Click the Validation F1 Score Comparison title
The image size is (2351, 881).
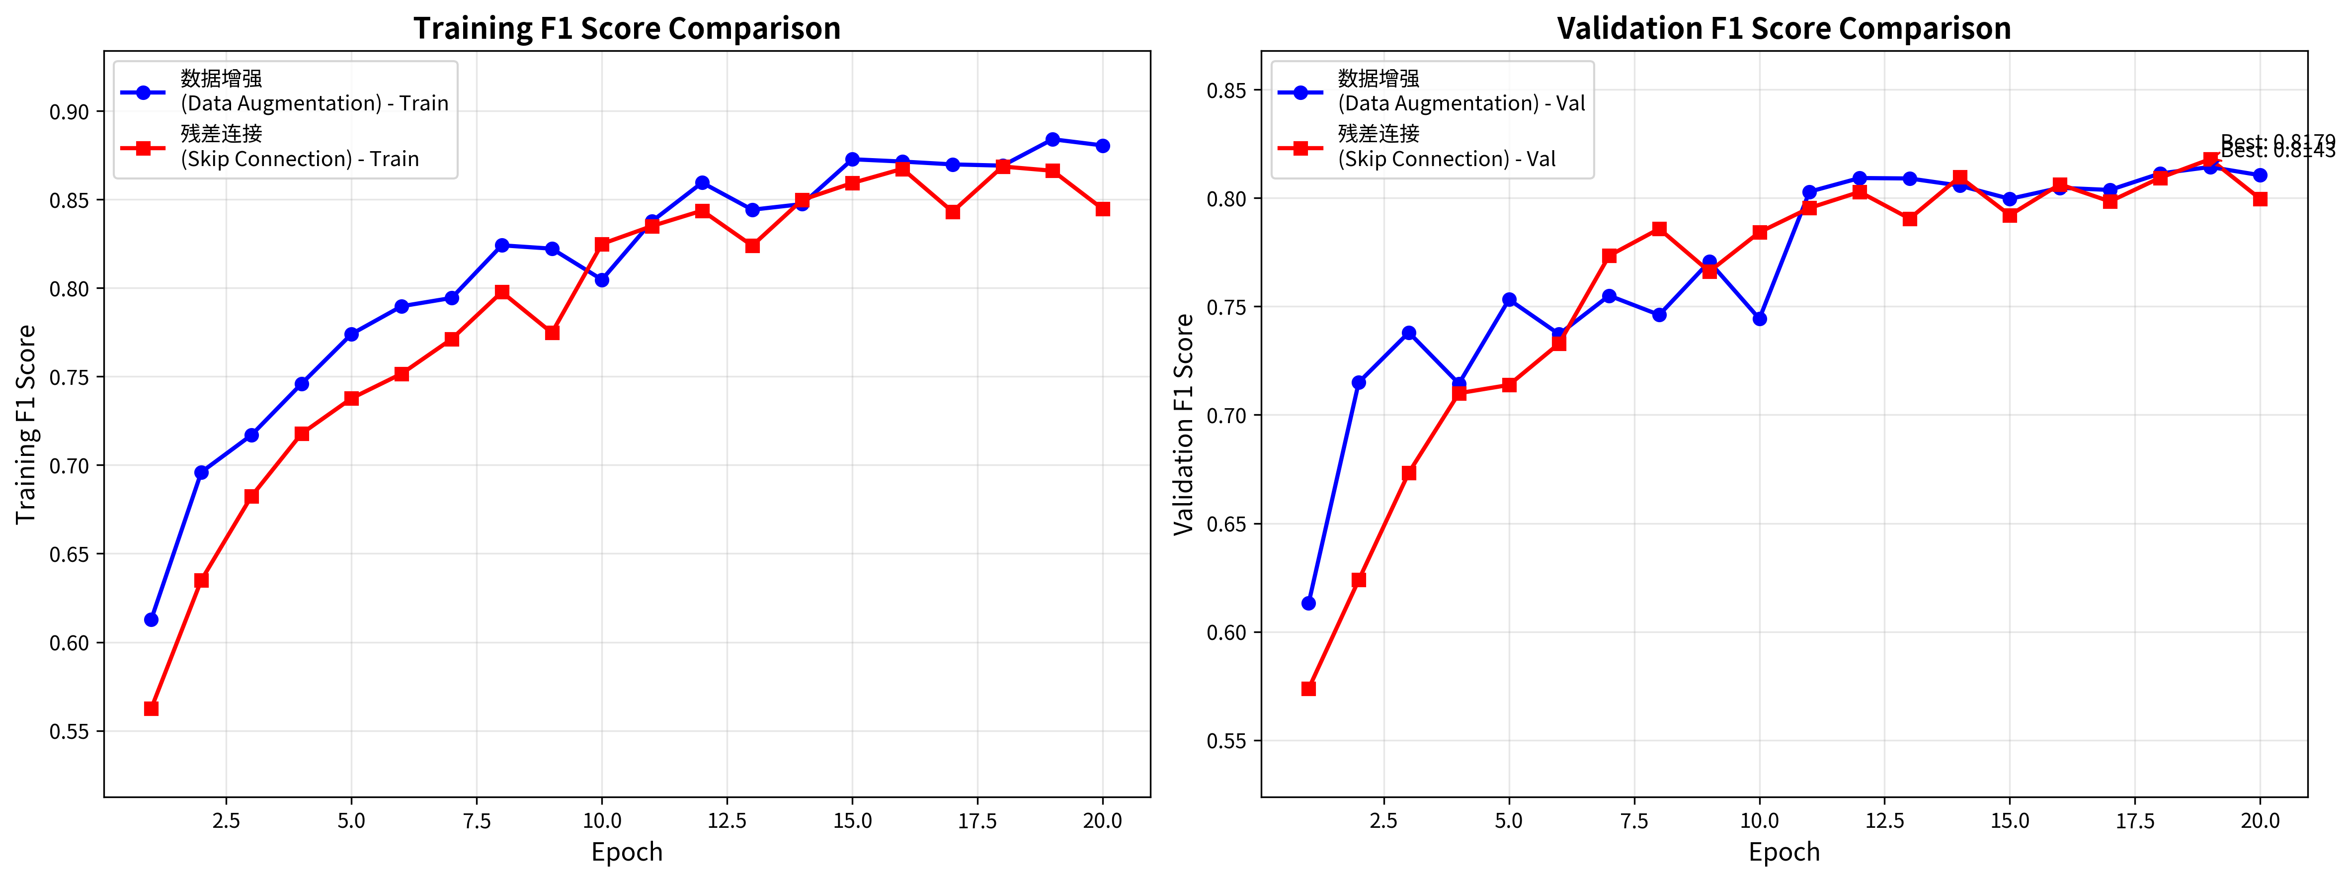pos(1784,28)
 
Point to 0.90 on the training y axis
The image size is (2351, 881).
pos(70,112)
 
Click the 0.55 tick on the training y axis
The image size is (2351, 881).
pos(70,731)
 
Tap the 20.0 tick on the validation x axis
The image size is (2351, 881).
pos(2260,821)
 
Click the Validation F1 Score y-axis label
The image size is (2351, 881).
pos(1184,425)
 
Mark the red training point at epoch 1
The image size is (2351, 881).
pos(152,708)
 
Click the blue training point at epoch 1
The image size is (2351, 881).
pos(152,620)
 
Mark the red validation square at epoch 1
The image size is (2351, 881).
pos(1309,689)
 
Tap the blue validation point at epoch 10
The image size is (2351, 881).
pos(1760,319)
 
